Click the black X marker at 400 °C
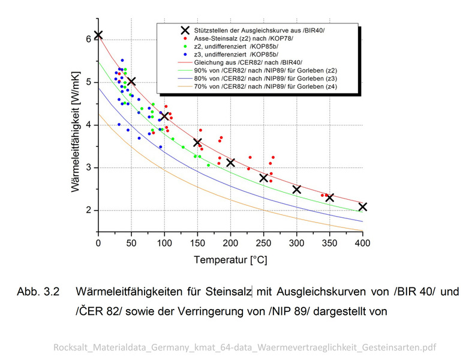362,207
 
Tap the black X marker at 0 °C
98,35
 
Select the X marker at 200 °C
230,163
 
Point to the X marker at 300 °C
296,190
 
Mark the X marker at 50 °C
131,81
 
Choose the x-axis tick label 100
164,243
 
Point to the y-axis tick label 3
88,168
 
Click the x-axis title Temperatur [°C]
230,260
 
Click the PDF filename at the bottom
245,347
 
